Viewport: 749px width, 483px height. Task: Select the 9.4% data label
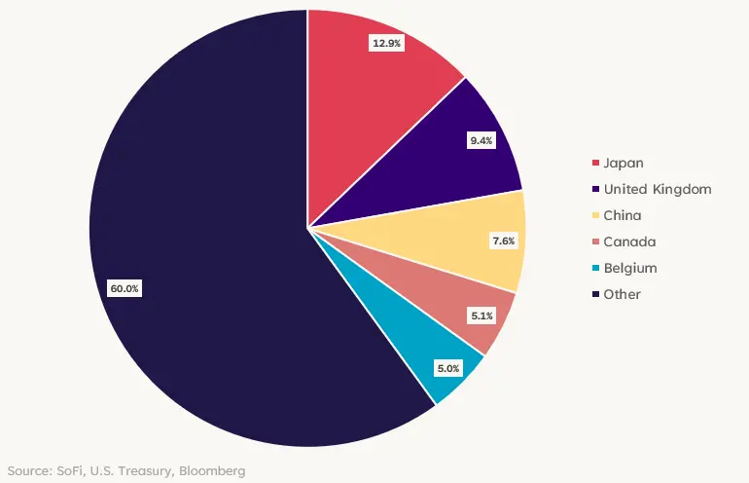click(481, 141)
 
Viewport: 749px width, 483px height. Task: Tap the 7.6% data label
click(504, 241)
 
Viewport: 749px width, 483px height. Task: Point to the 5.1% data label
click(482, 316)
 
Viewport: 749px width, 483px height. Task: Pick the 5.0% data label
click(448, 368)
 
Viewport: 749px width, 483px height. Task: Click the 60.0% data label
click(125, 288)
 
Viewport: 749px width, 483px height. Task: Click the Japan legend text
click(624, 163)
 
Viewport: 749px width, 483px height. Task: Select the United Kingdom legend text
click(658, 189)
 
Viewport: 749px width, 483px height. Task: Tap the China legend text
click(623, 215)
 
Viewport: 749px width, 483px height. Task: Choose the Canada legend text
click(629, 241)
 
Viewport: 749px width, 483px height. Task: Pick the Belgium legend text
click(630, 268)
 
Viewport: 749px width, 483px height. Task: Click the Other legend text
click(623, 294)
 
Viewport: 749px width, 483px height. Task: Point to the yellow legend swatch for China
click(594, 215)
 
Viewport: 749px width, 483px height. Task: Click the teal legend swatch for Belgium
click(594, 268)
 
